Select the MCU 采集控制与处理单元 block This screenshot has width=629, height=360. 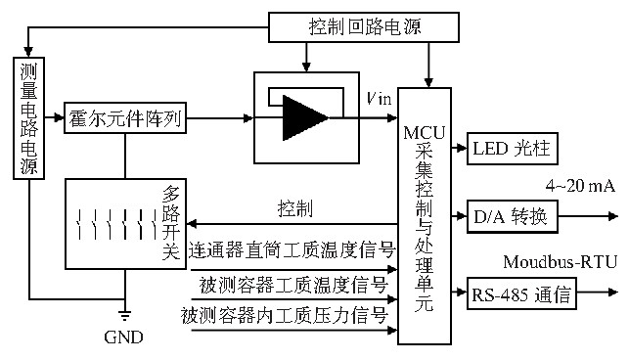[x=424, y=215]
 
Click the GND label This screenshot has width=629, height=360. [x=123, y=337]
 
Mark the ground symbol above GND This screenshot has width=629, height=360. [x=123, y=315]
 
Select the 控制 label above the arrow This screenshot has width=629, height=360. [x=296, y=208]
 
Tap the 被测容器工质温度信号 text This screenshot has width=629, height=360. [x=293, y=285]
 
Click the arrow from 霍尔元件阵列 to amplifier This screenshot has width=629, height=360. [x=218, y=118]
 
